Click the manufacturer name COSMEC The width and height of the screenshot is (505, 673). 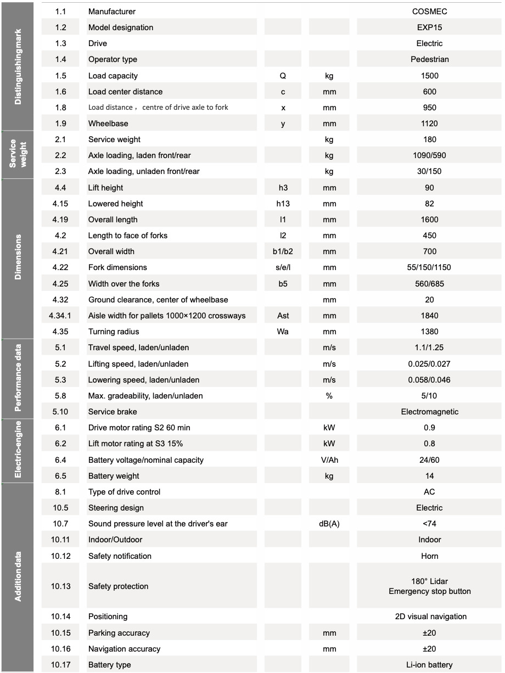click(429, 12)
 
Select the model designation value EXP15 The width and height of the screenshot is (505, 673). click(429, 27)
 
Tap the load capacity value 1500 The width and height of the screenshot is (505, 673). click(429, 76)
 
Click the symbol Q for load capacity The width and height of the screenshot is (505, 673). click(283, 76)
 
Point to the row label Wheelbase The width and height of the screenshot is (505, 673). click(108, 124)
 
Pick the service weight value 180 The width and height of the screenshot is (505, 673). click(429, 139)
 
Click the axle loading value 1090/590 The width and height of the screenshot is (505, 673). click(429, 155)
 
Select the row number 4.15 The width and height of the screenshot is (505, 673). click(60, 204)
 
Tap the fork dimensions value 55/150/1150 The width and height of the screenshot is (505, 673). click(429, 267)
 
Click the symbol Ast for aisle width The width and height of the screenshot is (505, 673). click(283, 316)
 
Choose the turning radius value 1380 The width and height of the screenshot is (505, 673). click(429, 332)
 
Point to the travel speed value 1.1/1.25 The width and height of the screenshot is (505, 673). click(429, 347)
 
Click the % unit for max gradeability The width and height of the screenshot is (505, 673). click(329, 396)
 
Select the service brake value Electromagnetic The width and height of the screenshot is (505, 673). click(429, 412)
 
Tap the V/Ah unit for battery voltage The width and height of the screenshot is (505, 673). click(329, 460)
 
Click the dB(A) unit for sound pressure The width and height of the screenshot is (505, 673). click(329, 524)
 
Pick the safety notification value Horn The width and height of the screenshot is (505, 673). click(429, 556)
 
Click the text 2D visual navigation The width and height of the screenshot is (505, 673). click(430, 616)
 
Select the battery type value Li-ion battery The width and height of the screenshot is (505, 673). click(429, 665)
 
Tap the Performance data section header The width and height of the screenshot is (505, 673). click(18, 379)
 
